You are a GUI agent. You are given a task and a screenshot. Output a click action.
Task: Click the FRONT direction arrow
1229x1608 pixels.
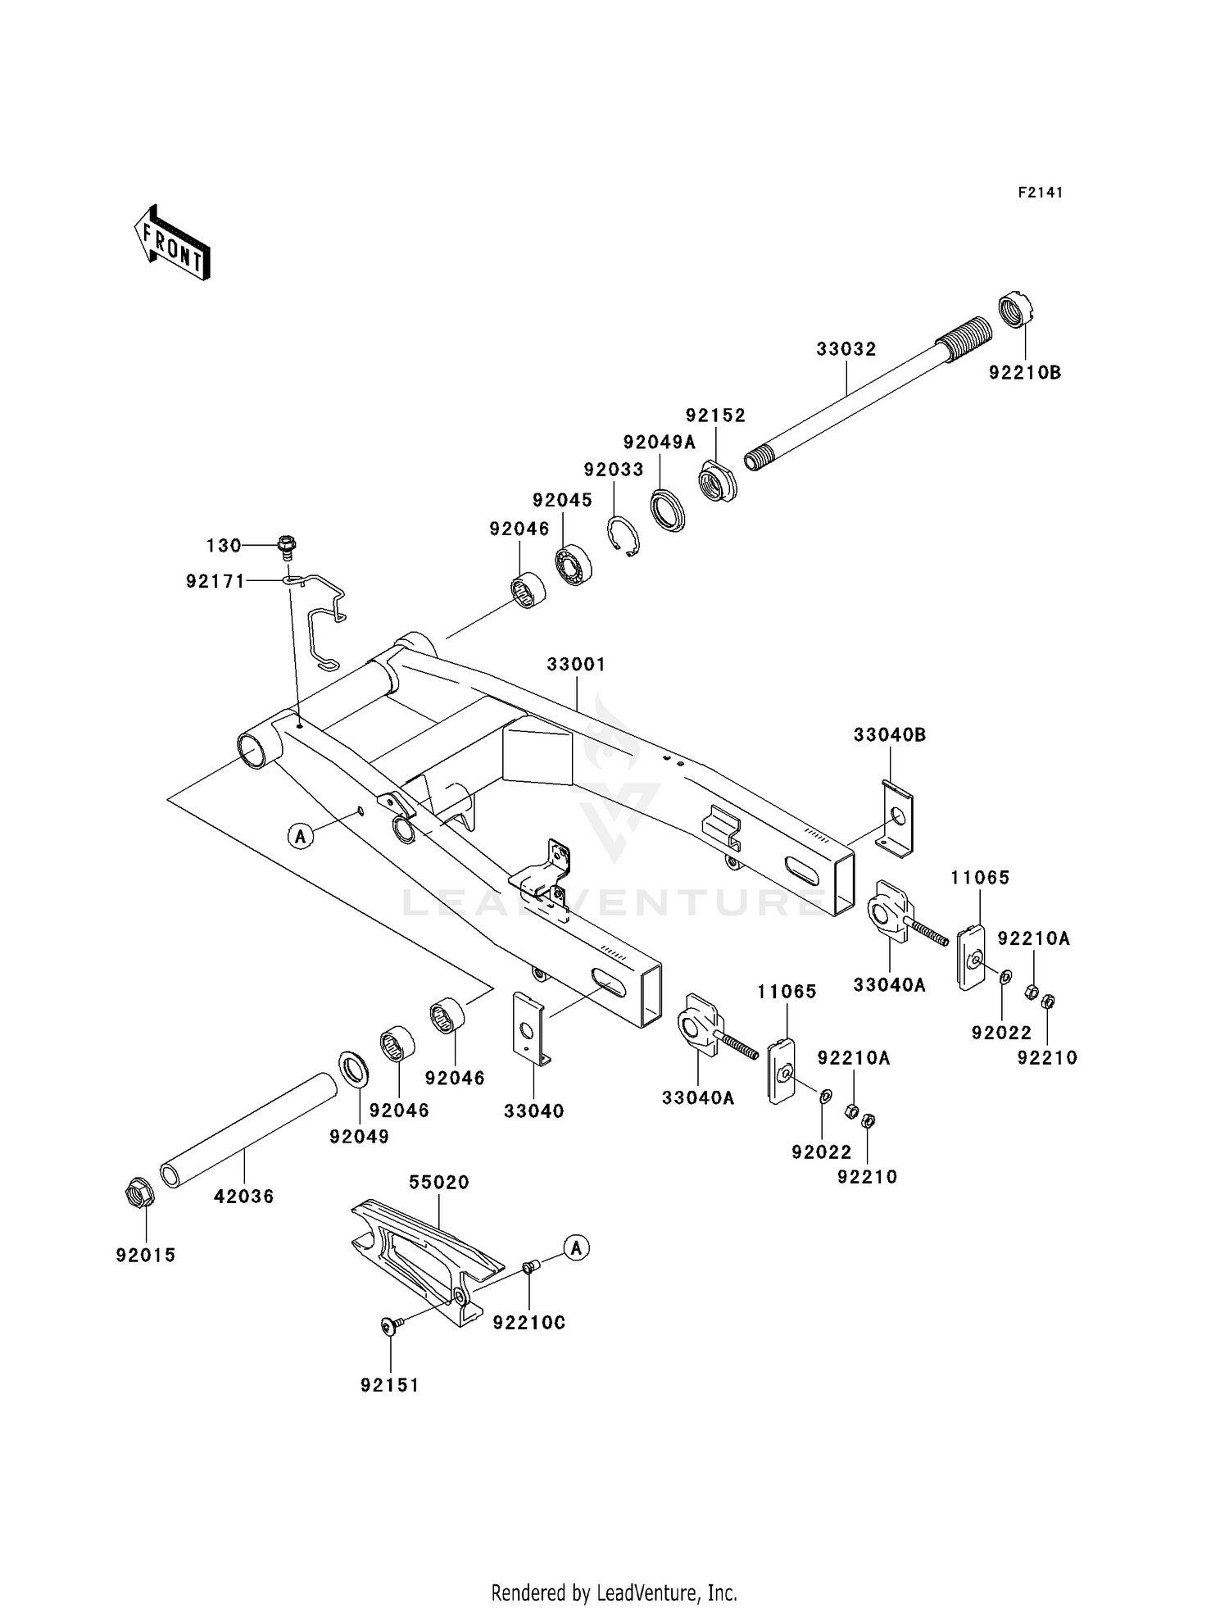[x=172, y=243]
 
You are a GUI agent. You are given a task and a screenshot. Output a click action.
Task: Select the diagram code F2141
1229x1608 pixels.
[x=1041, y=193]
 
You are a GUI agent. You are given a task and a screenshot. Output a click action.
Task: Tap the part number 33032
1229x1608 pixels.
[x=846, y=349]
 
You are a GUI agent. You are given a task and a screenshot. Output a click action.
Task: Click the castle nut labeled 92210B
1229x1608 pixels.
[x=1016, y=310]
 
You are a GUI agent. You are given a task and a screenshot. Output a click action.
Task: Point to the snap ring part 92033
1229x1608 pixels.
[x=625, y=537]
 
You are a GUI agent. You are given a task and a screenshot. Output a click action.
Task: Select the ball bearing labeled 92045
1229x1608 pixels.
[x=574, y=565]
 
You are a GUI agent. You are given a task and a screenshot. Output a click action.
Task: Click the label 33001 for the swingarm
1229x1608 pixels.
[x=576, y=664]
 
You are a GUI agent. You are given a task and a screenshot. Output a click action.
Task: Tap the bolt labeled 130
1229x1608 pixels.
[x=286, y=543]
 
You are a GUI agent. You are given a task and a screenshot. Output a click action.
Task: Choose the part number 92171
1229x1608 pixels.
[x=215, y=581]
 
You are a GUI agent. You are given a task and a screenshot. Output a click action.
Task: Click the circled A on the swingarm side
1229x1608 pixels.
[x=301, y=836]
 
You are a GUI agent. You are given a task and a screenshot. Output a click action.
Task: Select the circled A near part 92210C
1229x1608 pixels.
[x=577, y=1248]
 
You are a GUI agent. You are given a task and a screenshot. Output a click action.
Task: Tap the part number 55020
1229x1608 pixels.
[x=439, y=1183]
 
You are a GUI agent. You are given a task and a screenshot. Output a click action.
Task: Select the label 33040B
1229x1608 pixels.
[x=889, y=735]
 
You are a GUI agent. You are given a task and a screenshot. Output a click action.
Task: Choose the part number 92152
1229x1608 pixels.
[x=715, y=416]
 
